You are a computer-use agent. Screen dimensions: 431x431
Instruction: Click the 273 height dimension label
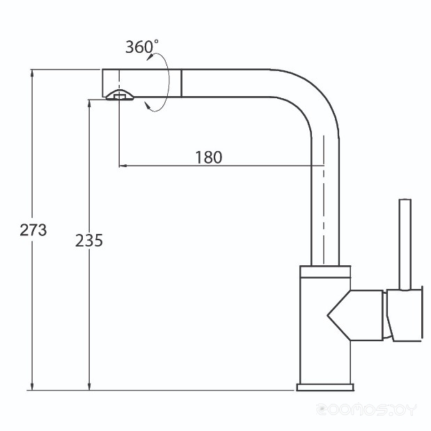coord(33,230)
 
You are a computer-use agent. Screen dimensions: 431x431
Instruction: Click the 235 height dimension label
coord(89,240)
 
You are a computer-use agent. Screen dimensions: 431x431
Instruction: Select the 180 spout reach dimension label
coord(209,157)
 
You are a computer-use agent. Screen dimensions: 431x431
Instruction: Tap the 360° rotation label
coord(142,46)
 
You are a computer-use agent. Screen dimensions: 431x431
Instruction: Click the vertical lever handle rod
coord(405,244)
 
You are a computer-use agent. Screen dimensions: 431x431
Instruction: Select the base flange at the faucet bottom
coord(325,387)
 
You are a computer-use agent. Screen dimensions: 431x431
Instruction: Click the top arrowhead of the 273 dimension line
coord(33,74)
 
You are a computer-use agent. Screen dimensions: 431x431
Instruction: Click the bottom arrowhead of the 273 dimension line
coord(33,386)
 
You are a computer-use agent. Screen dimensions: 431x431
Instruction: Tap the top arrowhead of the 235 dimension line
coord(89,104)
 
